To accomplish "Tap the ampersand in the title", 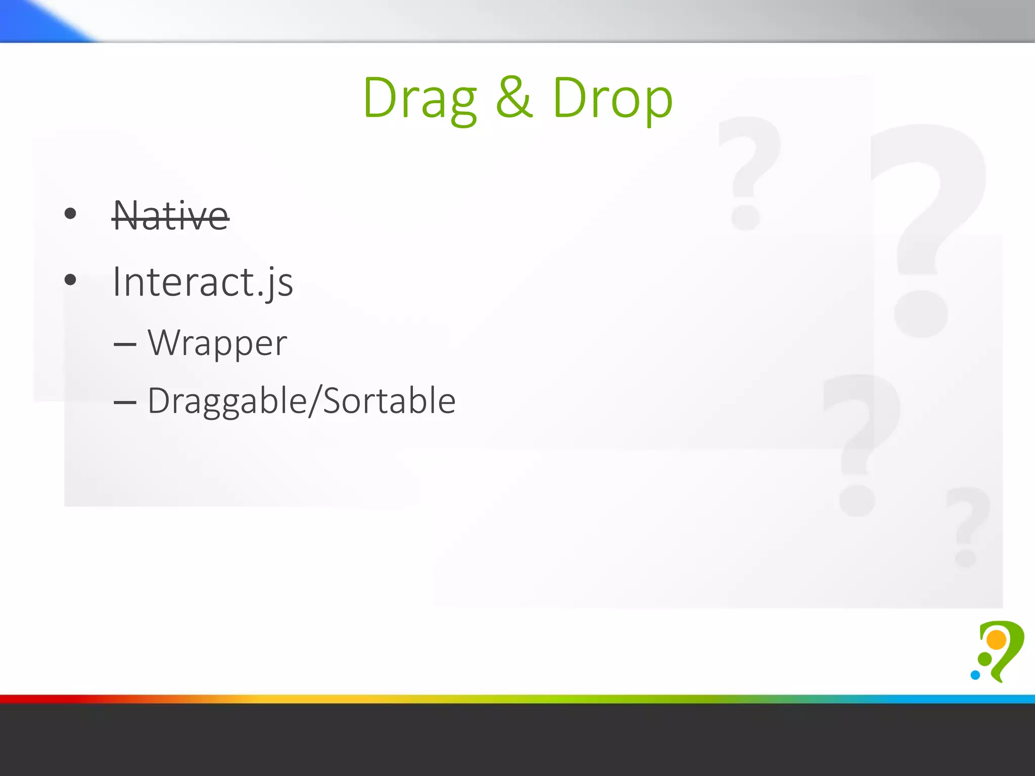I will [x=514, y=98].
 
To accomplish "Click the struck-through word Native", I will [x=171, y=216].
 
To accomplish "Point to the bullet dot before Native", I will [x=70, y=214].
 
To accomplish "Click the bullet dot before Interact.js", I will [x=70, y=279].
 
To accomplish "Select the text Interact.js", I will [x=202, y=282].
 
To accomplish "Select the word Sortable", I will [x=389, y=401].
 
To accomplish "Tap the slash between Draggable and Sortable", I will [x=315, y=401].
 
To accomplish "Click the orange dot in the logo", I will [x=997, y=640].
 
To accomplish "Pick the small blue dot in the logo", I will [x=975, y=675].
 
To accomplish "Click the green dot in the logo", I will [x=985, y=659].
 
